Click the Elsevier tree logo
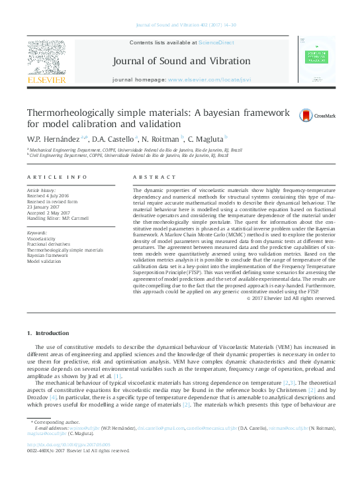point(46,58)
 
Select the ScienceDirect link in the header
point(217,42)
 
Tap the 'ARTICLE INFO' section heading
point(57,177)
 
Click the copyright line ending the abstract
point(290,298)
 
